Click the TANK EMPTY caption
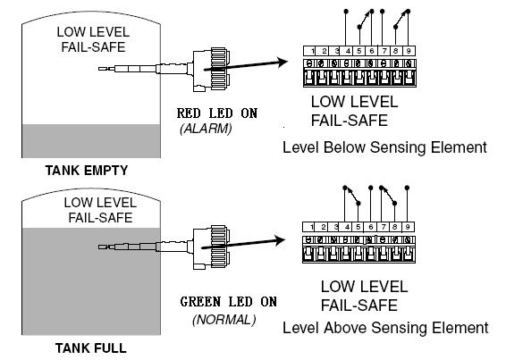coord(87,171)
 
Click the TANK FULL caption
coord(90,348)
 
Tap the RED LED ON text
coord(217,113)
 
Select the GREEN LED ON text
coord(229,302)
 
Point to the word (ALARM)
coord(206,129)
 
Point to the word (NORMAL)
coord(224,320)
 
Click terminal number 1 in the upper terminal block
coord(312,51)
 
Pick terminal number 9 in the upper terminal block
coord(409,51)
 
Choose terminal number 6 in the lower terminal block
coord(371,227)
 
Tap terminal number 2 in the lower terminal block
coord(324,227)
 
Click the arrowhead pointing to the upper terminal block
coord(283,62)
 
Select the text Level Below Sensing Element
coord(384,147)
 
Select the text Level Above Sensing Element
coord(385,328)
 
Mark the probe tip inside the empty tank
coord(102,69)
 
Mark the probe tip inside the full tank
coord(102,247)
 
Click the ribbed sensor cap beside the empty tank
coord(219,70)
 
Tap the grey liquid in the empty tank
coord(91,141)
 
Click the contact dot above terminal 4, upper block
coord(346,12)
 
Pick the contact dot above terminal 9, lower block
coord(407,188)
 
